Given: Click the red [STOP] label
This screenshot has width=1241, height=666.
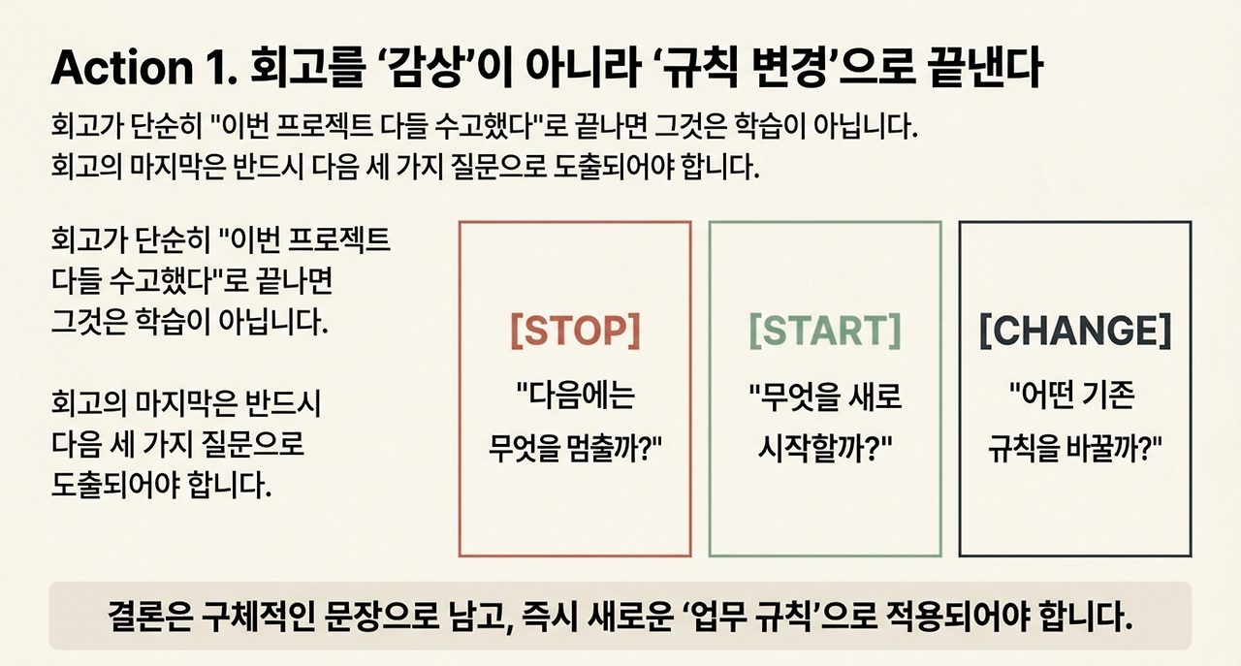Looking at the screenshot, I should (x=575, y=332).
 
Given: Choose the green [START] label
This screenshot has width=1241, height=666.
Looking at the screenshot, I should (x=825, y=332).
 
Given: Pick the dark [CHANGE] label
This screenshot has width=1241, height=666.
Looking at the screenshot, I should (x=1075, y=332).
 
